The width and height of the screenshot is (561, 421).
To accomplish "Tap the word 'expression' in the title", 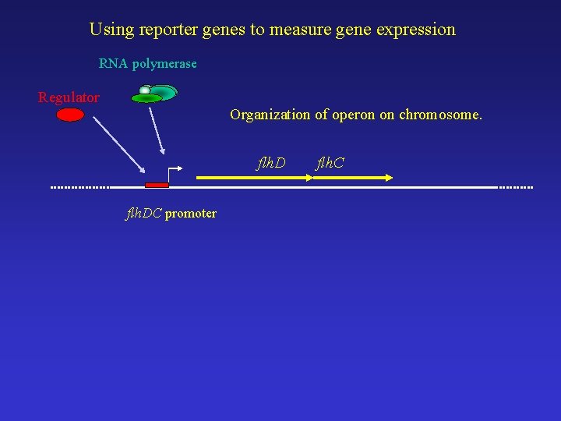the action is (x=415, y=30).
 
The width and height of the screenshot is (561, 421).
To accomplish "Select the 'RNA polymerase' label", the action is (x=148, y=63).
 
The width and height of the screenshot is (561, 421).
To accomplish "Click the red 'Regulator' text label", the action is (x=69, y=97).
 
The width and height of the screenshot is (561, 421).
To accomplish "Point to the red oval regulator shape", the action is (x=70, y=115).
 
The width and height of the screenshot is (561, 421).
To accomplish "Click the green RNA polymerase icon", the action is (x=156, y=93).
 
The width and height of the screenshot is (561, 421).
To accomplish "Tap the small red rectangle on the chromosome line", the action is (x=157, y=185).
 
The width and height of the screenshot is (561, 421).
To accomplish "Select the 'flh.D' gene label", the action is (x=271, y=163).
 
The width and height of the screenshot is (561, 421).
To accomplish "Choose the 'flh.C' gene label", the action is (x=330, y=163).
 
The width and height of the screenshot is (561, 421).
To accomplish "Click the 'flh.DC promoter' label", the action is (x=171, y=213).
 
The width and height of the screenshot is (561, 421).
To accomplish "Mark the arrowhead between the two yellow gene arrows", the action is (x=308, y=178).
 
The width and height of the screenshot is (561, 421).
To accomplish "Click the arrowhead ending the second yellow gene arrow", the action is (x=388, y=178).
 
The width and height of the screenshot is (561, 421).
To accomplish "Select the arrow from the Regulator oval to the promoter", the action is (x=118, y=145).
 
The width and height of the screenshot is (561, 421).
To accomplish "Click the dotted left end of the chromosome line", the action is (x=79, y=187).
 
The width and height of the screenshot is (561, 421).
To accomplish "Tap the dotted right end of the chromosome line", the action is (x=515, y=187).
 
